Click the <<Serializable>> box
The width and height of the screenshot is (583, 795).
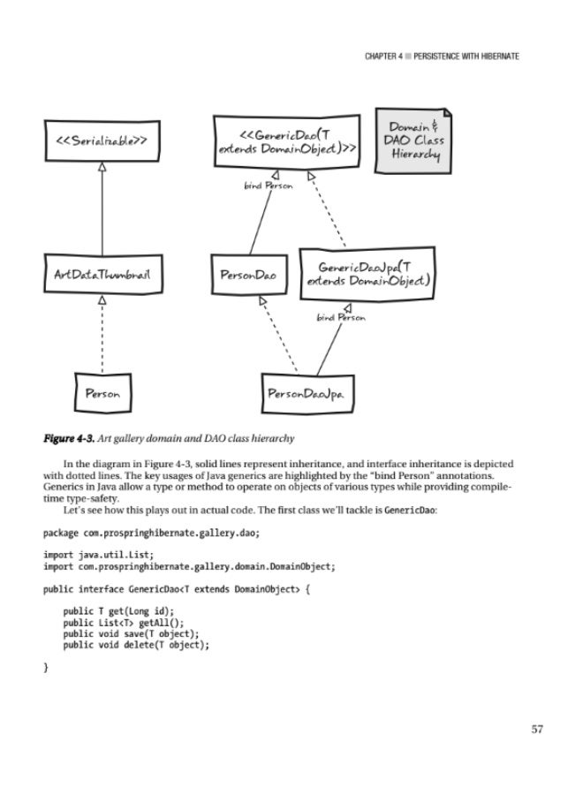coord(102,140)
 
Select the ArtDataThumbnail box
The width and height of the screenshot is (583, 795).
coord(102,275)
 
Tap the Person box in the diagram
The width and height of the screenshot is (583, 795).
coord(102,390)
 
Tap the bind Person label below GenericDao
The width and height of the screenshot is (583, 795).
coord(268,186)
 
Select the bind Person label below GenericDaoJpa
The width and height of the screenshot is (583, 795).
coord(341,316)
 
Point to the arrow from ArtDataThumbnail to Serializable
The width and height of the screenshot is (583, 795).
coord(102,209)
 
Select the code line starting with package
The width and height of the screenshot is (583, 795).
coord(152,533)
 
